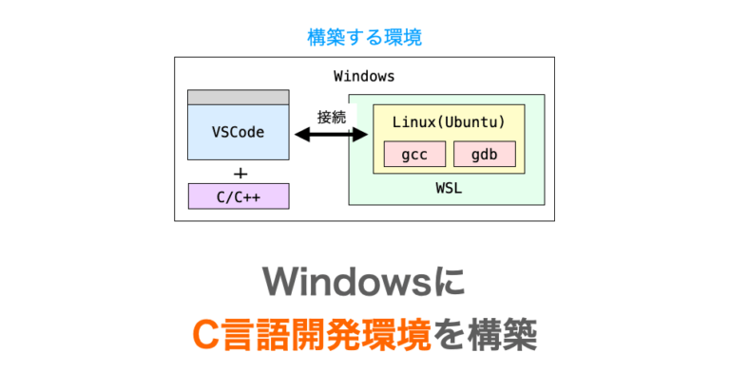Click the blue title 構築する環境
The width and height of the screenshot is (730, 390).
coord(365,37)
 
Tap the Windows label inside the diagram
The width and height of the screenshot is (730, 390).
coord(364,76)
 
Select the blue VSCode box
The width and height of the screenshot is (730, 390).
coord(239,133)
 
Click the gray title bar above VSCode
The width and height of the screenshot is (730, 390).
coord(239,98)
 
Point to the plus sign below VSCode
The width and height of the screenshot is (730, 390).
coord(240,174)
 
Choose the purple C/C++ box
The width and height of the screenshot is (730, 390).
coord(239,196)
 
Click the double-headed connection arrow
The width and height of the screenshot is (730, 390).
coord(331,135)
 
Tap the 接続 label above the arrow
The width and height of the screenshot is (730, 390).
coord(332,117)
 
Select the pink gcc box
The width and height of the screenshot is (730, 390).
coord(414,154)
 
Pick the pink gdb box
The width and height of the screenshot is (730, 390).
coord(485,154)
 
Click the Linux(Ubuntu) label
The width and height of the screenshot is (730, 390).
coord(449,122)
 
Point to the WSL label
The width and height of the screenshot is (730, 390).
coord(449,188)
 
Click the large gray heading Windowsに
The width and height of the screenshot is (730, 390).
coord(364,282)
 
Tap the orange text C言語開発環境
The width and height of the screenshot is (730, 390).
coord(312,335)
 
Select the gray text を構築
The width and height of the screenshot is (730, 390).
coord(485,335)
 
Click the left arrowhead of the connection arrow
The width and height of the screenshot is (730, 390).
coord(302,135)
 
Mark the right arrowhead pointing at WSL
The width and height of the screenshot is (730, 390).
coord(360,135)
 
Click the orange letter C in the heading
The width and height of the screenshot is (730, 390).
coord(205,335)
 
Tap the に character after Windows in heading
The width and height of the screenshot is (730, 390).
coord(450,282)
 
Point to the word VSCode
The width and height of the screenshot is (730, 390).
coord(238,133)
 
